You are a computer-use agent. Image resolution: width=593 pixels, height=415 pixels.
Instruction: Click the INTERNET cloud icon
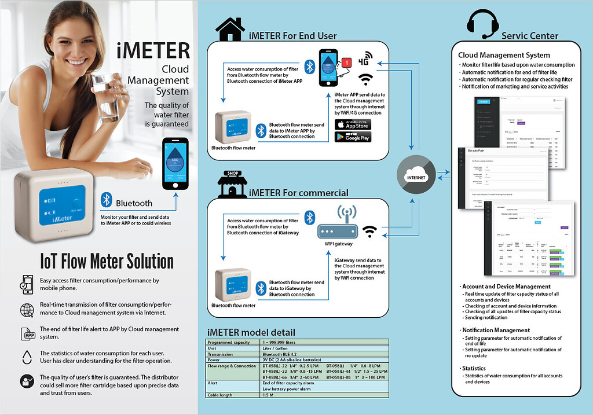coord(416,175)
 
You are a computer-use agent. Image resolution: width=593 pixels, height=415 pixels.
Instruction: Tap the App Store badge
coord(353,124)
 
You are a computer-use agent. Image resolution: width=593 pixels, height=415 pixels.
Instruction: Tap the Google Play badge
coord(353,137)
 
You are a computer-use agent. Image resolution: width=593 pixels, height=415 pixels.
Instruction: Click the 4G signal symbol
coord(365,60)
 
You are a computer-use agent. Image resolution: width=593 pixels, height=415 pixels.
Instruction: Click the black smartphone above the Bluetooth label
coord(175,163)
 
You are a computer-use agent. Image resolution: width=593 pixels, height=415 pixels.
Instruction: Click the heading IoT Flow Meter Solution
coord(107,261)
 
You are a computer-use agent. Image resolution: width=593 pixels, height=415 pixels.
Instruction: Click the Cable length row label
coord(221,395)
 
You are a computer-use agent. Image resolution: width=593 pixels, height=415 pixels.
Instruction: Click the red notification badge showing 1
coord(346,61)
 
